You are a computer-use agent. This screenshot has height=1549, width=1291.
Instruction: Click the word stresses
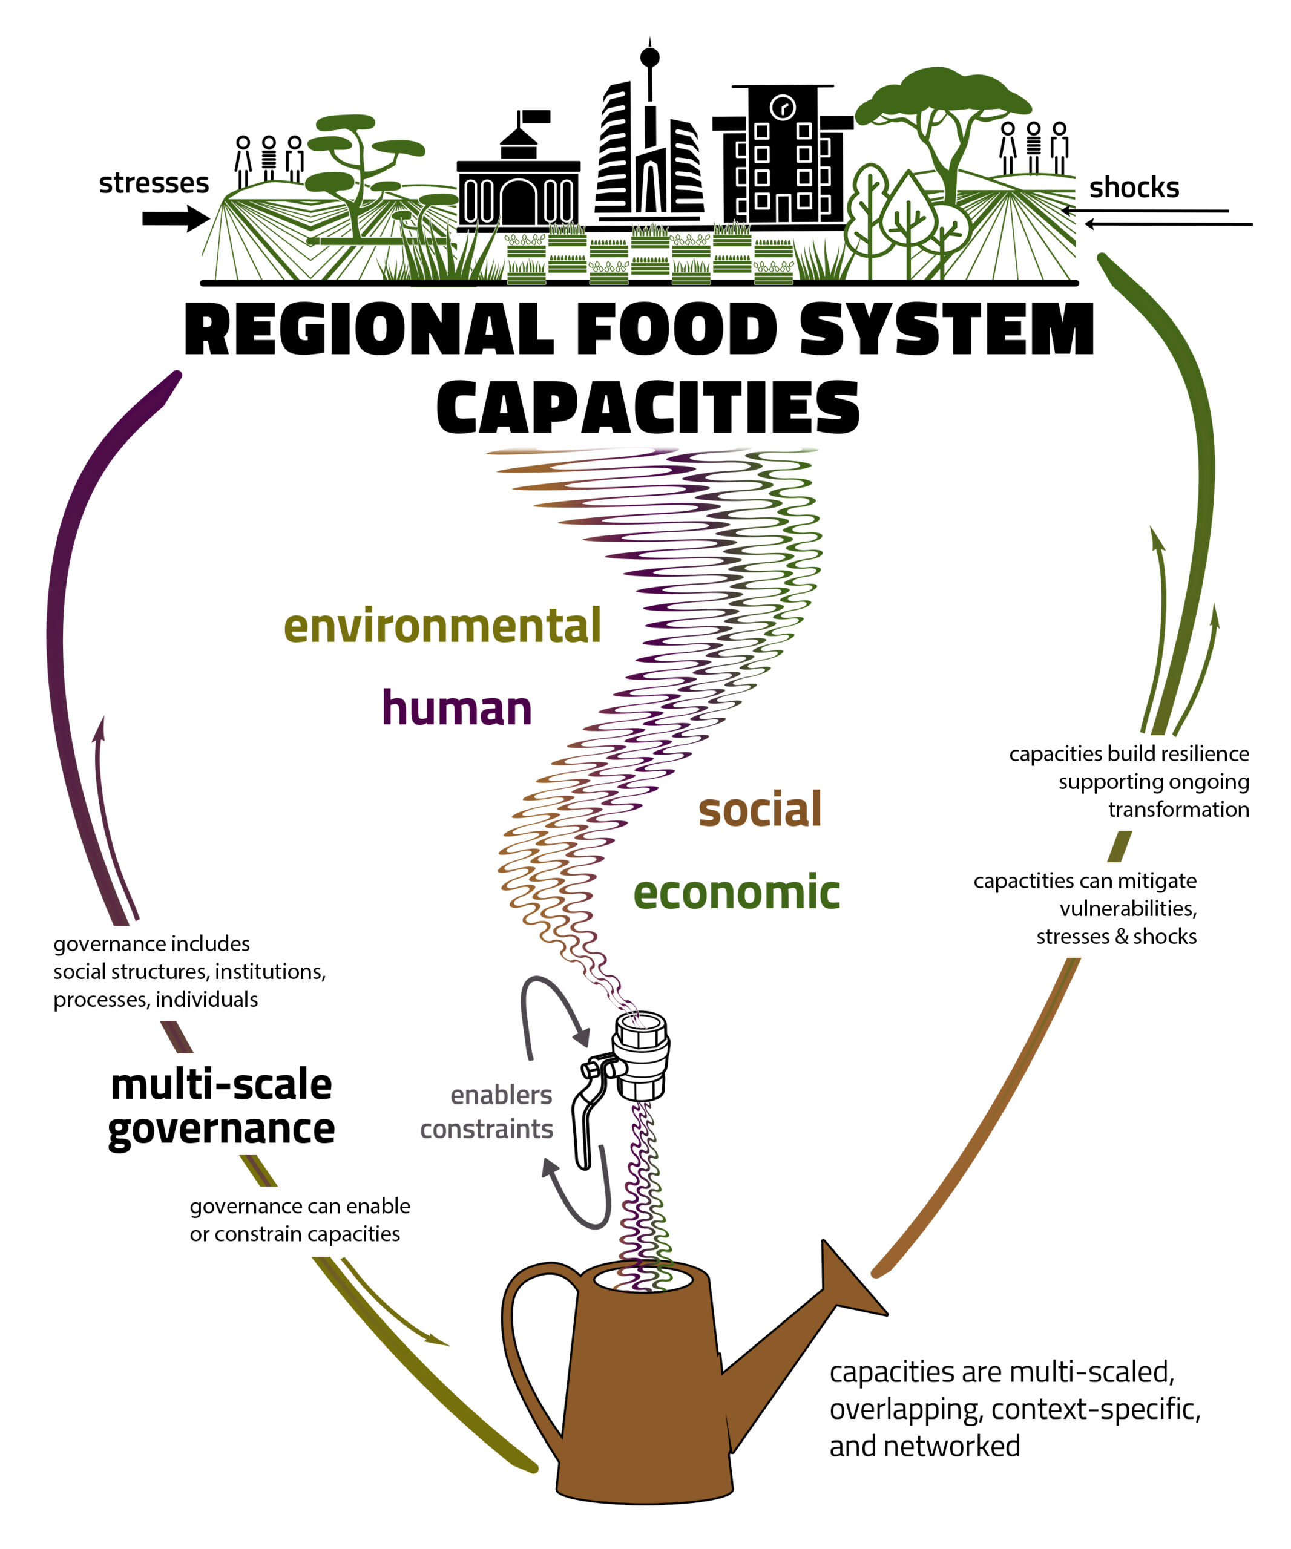pos(154,183)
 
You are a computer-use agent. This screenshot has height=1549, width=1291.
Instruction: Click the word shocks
pos(1133,188)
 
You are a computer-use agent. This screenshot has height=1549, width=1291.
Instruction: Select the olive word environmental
pos(442,626)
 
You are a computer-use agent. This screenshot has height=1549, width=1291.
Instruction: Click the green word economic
pos(735,892)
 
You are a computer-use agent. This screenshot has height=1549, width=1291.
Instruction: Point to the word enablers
pos(501,1095)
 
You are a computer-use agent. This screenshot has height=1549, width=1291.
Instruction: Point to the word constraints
pos(486,1129)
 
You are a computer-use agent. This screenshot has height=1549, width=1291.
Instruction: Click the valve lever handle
pos(582,1121)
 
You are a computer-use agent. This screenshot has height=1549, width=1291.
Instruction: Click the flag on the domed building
pos(536,117)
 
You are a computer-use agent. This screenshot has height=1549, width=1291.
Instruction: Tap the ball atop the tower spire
pos(649,57)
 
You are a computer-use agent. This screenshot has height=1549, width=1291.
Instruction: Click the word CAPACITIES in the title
pos(648,408)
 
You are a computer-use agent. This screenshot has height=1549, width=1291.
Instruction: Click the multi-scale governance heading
pos(222,1107)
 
